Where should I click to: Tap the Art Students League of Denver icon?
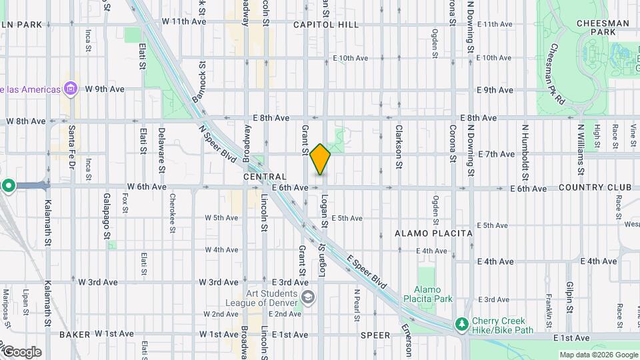(308, 296)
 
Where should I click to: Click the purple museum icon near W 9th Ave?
(70, 89)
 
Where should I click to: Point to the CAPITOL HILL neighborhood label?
(326, 25)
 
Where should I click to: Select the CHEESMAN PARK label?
(605, 27)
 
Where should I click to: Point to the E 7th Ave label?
(496, 154)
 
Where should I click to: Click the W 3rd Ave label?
(97, 283)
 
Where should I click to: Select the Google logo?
(21, 351)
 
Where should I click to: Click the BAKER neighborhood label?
(74, 334)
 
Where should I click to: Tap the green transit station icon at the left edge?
(8, 186)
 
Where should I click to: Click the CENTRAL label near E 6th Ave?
(265, 177)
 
